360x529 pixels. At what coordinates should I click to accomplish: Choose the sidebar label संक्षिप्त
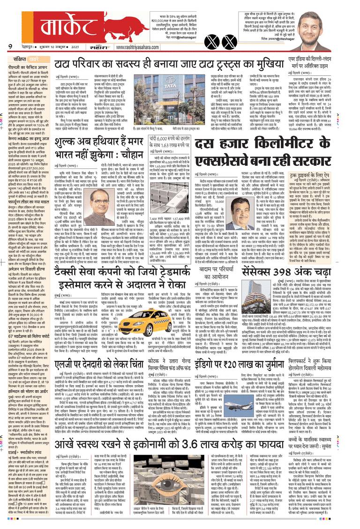pos(21,60)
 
